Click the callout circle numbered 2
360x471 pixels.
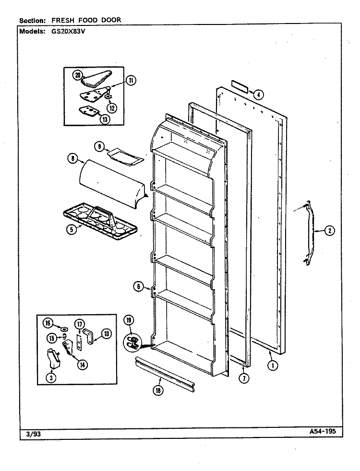coord(330,231)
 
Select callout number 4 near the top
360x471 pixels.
coord(258,94)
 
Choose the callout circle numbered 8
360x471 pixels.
coord(73,158)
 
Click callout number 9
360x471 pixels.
coord(99,147)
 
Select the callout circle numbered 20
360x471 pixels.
coord(77,75)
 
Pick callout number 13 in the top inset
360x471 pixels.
coord(105,119)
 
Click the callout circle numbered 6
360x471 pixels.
coord(139,286)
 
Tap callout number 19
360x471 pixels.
coord(129,320)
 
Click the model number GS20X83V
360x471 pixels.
coord(65,31)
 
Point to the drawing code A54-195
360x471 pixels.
coord(322,432)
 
